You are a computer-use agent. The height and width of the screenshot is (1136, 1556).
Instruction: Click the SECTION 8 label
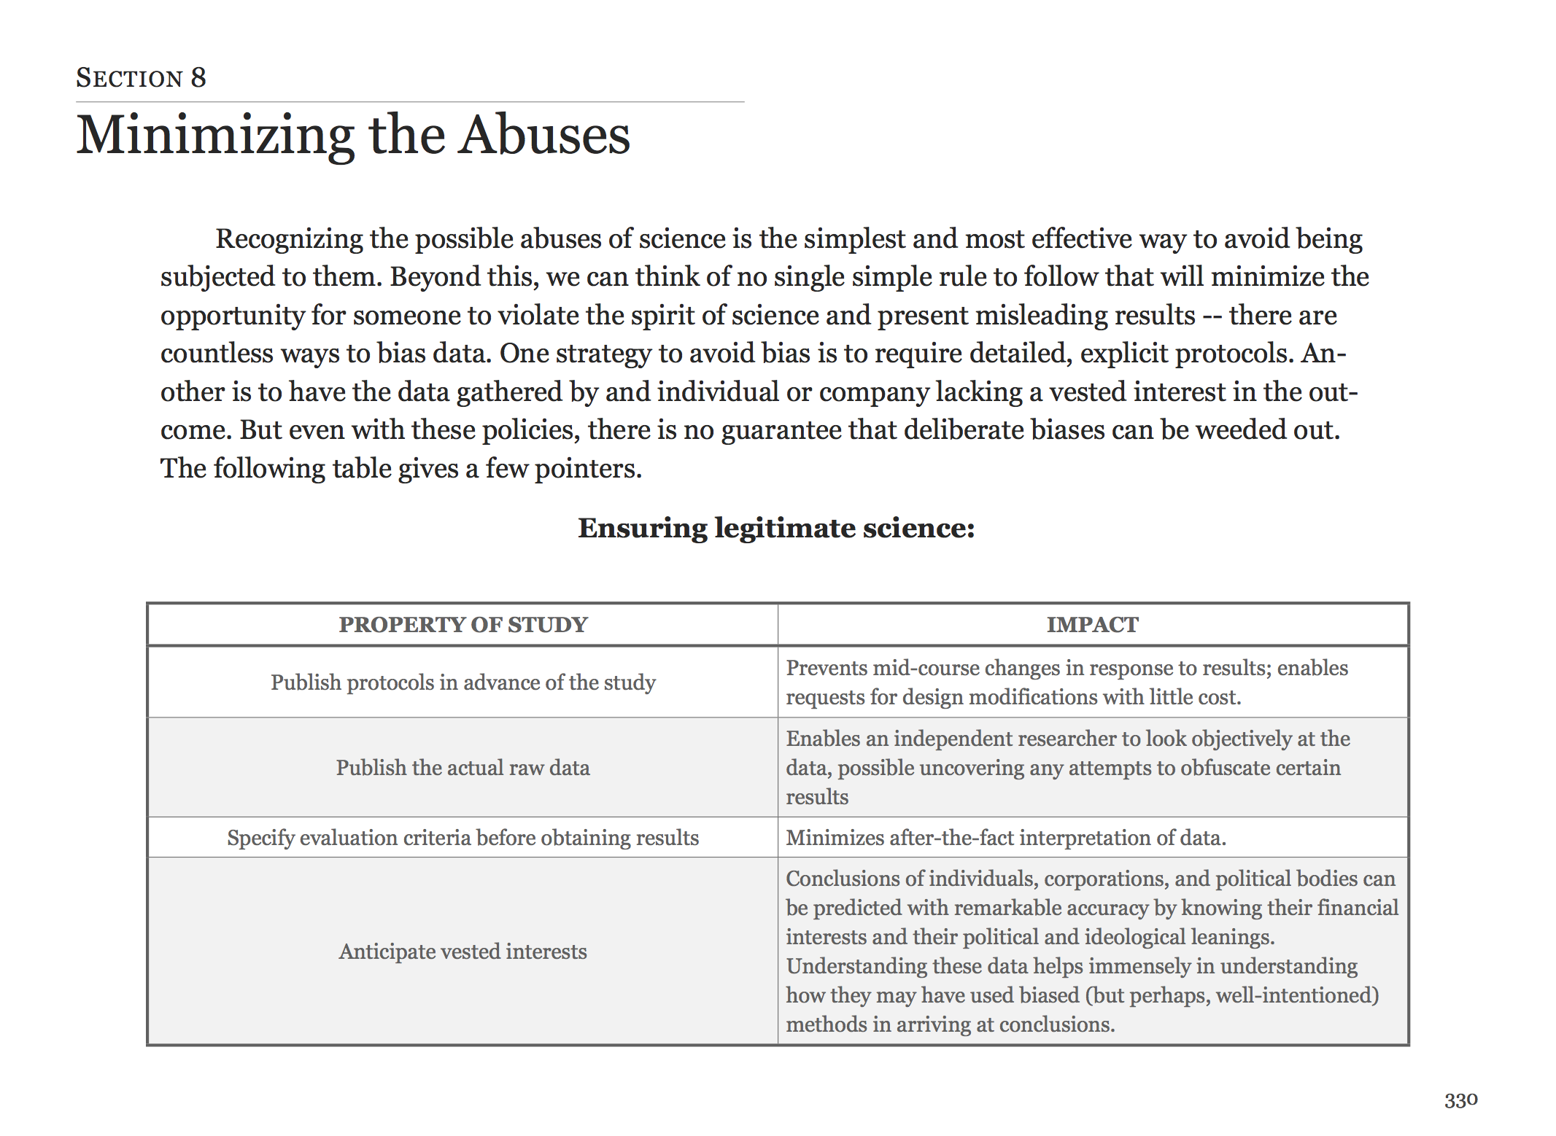pos(141,78)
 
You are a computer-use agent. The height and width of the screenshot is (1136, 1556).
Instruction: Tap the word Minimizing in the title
pos(215,136)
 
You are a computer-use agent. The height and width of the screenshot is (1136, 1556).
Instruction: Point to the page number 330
pos(1460,1100)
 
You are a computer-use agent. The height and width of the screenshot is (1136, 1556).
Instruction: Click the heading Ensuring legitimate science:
pos(776,528)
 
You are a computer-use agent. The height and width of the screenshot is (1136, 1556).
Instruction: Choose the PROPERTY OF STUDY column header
pos(462,625)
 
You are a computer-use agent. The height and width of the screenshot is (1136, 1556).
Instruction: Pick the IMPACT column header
pos(1092,625)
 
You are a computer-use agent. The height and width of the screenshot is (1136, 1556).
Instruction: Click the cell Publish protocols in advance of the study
pos(462,682)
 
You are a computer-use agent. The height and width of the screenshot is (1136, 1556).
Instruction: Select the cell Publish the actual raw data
pos(462,768)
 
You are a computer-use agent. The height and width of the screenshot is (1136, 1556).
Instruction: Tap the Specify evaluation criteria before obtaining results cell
pos(462,838)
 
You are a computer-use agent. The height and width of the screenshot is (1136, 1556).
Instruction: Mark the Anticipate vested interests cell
pos(462,952)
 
